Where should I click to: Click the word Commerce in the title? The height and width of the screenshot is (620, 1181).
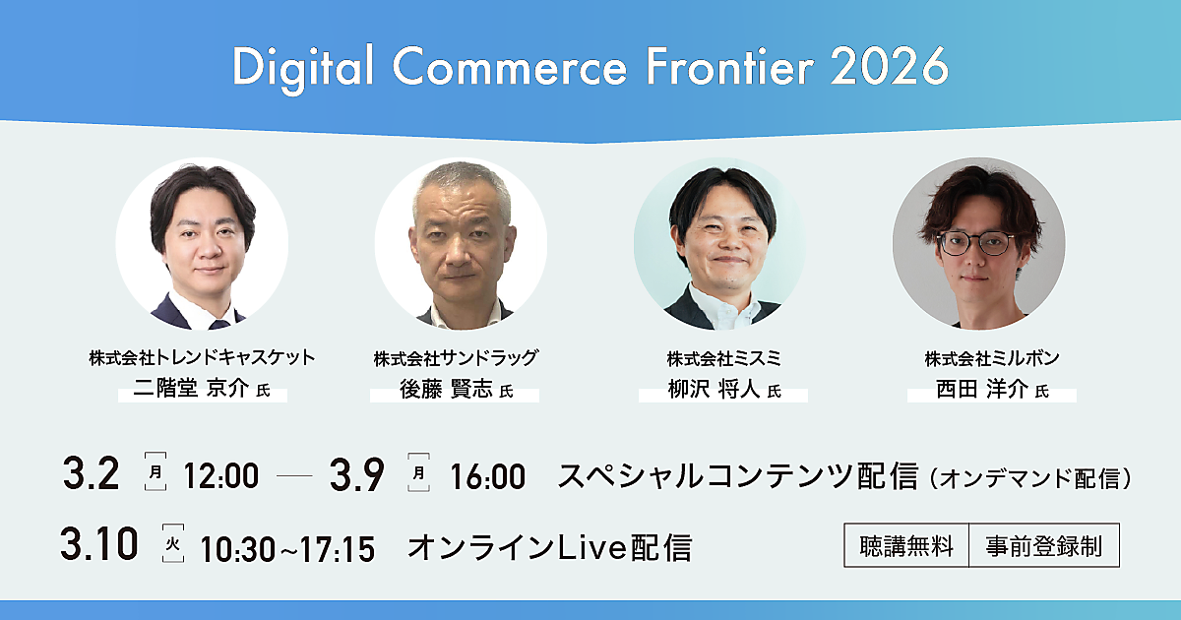click(x=510, y=68)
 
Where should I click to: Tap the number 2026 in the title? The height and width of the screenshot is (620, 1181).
click(x=890, y=68)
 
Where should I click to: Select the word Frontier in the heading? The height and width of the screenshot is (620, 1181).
click(x=730, y=67)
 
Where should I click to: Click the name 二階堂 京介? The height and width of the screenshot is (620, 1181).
click(x=191, y=389)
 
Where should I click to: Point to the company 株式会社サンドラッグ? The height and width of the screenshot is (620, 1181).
click(x=456, y=358)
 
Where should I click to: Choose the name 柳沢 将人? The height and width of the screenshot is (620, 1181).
click(x=714, y=390)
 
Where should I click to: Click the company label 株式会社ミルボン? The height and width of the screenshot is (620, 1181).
click(x=992, y=358)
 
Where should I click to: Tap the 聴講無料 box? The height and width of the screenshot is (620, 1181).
click(x=906, y=545)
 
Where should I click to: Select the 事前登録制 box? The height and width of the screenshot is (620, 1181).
click(x=1044, y=545)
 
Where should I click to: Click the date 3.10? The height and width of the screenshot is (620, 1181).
click(x=99, y=543)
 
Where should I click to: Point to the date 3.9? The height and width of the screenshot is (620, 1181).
click(x=357, y=474)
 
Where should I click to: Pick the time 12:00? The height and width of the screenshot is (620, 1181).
click(x=220, y=475)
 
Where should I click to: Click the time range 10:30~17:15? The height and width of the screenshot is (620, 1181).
click(x=287, y=549)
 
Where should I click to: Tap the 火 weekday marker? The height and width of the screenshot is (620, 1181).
click(x=173, y=543)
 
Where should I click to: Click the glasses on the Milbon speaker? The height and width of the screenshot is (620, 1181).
click(x=976, y=243)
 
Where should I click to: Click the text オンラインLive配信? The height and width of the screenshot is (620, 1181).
click(x=549, y=548)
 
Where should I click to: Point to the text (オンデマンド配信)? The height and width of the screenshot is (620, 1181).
click(x=1029, y=478)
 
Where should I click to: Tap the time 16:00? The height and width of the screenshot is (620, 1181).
click(x=488, y=476)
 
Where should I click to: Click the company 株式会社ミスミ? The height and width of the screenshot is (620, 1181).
click(x=723, y=359)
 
